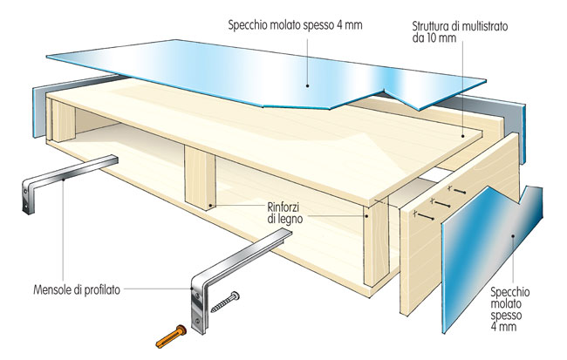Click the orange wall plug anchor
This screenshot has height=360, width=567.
coord(171,336)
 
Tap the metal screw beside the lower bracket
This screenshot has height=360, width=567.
coord(225,302)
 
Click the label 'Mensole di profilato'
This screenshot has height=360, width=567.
coord(77,290)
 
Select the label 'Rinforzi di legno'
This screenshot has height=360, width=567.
coord(285,214)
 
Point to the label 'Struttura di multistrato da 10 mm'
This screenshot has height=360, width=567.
coord(460,31)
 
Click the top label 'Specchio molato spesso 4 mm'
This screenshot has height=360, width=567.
coord(295,25)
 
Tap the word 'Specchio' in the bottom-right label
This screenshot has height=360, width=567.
coord(510,292)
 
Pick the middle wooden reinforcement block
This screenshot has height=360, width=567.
coord(200,178)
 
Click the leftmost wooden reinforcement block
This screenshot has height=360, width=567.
coord(63,120)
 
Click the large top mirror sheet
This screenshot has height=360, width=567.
coord(267,74)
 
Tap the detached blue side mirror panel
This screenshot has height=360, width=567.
coord(492,259)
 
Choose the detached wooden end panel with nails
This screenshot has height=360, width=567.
coord(459,223)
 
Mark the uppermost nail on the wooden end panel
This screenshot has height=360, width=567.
coord(456,190)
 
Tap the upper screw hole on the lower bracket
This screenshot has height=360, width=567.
coord(197,296)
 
